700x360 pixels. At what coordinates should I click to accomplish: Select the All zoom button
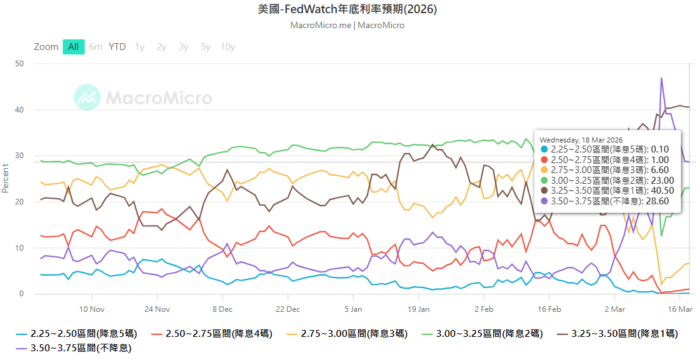[73, 47]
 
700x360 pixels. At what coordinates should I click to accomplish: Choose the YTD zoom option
[117, 47]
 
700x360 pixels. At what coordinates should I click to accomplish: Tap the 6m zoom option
[96, 47]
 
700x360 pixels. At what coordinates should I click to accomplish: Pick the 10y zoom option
[227, 47]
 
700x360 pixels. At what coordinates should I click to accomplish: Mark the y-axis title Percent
[6, 178]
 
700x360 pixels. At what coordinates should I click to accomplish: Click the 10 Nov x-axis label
[91, 309]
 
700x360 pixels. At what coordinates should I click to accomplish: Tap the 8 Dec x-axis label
[222, 309]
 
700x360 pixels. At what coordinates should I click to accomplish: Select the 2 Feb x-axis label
[484, 309]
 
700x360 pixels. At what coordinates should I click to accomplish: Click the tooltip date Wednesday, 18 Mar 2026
[581, 139]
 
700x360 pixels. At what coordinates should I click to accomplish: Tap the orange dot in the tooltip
[544, 169]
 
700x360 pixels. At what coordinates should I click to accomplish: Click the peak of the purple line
[661, 78]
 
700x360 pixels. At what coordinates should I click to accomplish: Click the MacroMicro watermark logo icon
[87, 97]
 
